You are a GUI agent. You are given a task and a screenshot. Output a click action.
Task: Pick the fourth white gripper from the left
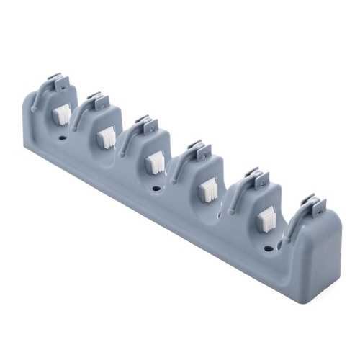[x=207, y=189]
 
